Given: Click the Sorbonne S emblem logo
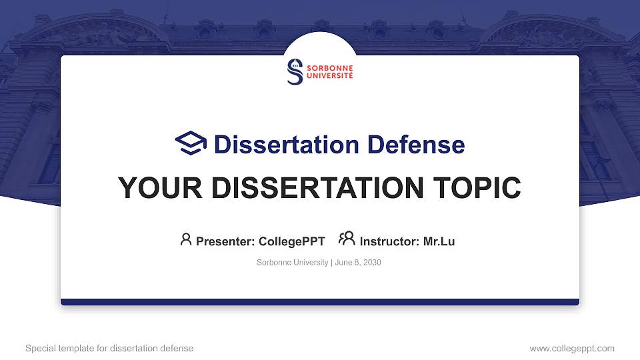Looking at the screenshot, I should (295, 72).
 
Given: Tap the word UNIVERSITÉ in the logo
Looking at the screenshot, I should (329, 76).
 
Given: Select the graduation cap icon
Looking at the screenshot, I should (191, 143).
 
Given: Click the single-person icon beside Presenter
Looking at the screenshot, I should (186, 239).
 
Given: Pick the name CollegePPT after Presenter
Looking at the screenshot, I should (291, 241).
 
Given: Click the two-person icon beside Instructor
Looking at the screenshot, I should (347, 239).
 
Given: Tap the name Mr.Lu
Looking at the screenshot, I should (439, 241).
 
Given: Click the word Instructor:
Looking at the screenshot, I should (389, 241).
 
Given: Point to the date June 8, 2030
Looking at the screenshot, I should (358, 263).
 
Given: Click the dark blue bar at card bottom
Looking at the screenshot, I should (320, 302).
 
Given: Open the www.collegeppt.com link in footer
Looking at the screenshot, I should (572, 348).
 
